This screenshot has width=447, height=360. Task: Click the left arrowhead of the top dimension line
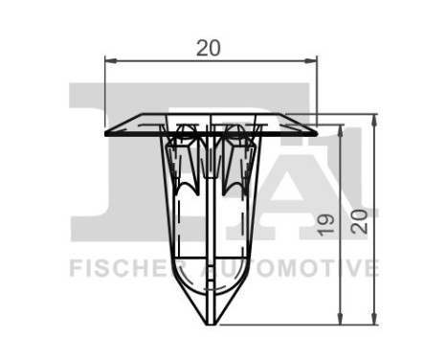coord(107,62)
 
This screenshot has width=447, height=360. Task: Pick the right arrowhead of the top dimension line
coord(311,62)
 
